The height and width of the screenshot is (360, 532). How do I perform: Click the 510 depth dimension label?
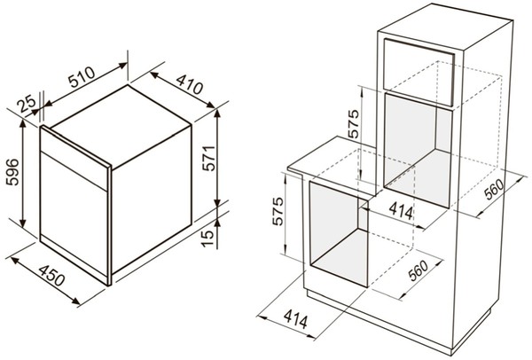click(x=82, y=77)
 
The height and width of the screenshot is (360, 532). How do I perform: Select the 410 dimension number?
click(x=190, y=84)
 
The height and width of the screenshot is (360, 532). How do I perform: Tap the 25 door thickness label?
click(x=27, y=104)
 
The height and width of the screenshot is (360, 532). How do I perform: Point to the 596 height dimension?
click(x=13, y=172)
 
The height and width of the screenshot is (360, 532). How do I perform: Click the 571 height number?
click(x=208, y=158)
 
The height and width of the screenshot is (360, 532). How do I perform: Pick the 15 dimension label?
click(x=208, y=239)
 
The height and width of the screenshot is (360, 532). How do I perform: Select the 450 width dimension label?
click(x=51, y=276)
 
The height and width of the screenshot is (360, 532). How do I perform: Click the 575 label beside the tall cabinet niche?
click(x=353, y=123)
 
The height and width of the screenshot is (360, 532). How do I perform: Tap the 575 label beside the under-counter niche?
click(x=278, y=211)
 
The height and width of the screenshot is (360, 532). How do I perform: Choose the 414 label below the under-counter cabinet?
click(x=296, y=319)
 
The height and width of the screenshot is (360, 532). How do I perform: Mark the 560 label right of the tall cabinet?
click(x=495, y=189)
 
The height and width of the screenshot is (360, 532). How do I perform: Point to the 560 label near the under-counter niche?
click(x=418, y=270)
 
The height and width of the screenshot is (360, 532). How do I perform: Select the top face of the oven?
click(x=121, y=126)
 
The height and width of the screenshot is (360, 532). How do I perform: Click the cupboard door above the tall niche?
click(x=419, y=72)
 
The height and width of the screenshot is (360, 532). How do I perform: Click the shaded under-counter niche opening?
click(x=339, y=235)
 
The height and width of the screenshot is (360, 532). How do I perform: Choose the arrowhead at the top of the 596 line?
click(x=23, y=124)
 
